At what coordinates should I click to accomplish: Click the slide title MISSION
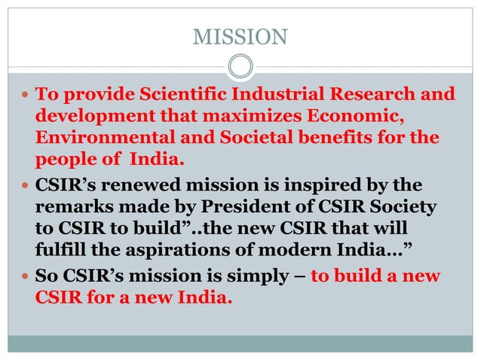click(240, 35)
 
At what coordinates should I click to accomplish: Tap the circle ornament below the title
click(240, 68)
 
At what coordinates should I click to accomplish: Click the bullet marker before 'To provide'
click(25, 96)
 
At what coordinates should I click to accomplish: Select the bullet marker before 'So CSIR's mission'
click(25, 277)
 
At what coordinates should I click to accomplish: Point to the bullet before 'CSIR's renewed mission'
click(25, 186)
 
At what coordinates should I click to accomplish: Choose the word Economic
click(354, 117)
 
